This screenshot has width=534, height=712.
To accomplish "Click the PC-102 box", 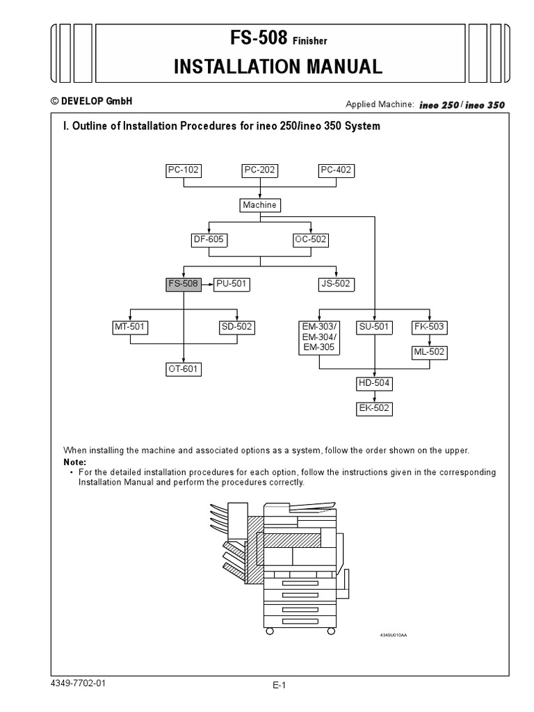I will click(x=184, y=170).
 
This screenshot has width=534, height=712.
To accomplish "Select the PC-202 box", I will click(x=260, y=170).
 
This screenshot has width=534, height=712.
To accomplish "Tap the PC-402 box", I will click(x=337, y=170).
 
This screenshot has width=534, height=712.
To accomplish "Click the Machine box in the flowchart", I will click(x=260, y=204).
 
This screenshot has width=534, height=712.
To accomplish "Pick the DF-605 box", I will click(x=209, y=240).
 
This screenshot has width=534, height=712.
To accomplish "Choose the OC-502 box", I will click(x=311, y=240).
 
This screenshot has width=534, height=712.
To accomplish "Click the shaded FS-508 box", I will click(x=184, y=284).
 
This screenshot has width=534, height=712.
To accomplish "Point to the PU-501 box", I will click(x=232, y=284).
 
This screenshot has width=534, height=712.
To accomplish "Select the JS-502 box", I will click(x=337, y=284).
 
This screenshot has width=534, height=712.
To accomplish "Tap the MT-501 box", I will click(x=131, y=327).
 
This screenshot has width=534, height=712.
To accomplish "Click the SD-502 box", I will click(x=237, y=327).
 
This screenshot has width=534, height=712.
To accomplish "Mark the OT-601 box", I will click(x=184, y=369).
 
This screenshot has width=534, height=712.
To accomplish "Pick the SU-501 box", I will click(x=375, y=327).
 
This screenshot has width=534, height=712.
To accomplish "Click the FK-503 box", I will click(x=428, y=327).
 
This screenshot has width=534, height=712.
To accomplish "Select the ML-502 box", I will click(x=428, y=353).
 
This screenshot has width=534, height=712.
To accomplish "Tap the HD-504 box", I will click(x=375, y=383).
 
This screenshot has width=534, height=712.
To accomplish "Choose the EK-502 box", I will click(x=375, y=408).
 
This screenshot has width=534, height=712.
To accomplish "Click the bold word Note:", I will click(x=75, y=462).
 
